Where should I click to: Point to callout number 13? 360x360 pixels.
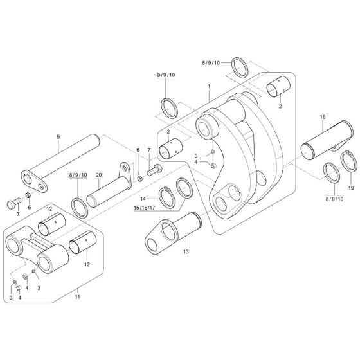186,253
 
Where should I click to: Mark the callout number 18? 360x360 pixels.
322,118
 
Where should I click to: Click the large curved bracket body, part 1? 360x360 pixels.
238,161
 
